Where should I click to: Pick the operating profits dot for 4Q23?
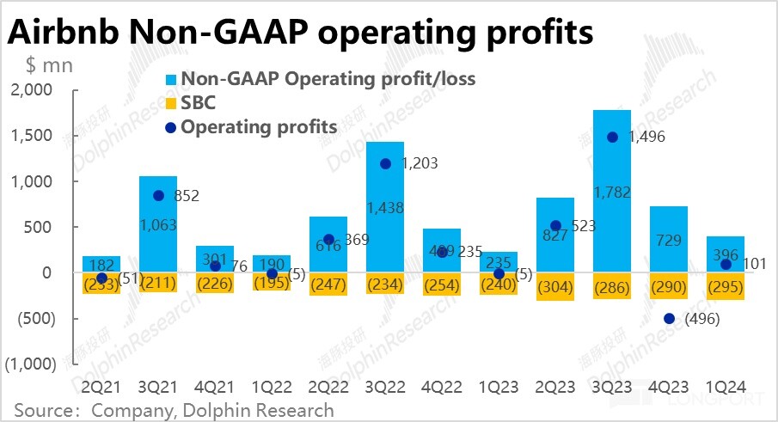coord(669,319)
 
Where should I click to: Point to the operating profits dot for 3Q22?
coord(385,163)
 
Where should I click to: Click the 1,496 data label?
coord(647,136)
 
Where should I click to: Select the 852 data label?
coord(186,196)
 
